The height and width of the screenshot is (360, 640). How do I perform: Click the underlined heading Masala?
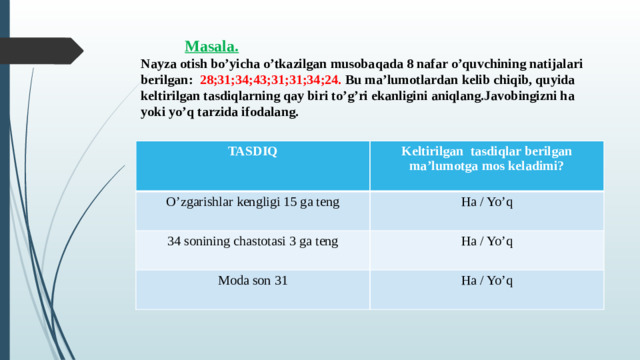211,46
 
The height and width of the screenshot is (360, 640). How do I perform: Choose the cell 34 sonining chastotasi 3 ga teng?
253,241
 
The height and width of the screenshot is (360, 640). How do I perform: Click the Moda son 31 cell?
253,279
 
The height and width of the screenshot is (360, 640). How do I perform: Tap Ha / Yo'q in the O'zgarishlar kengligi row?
487,203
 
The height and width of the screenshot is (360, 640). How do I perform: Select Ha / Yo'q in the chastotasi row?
487,241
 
